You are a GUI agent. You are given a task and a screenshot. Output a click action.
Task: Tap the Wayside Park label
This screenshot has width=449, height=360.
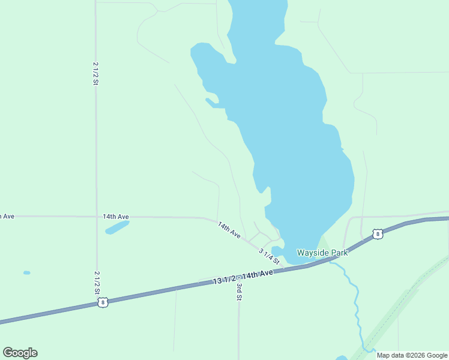pos(322,253)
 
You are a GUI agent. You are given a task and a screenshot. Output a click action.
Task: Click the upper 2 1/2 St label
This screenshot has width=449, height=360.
pos(95,73)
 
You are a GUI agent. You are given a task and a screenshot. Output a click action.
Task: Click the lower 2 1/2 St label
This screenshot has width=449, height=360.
pos(97,282)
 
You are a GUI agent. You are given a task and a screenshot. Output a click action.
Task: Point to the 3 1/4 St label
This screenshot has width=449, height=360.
pos(270,256)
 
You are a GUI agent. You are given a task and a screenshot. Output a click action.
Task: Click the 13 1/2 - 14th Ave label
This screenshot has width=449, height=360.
pos(243,277)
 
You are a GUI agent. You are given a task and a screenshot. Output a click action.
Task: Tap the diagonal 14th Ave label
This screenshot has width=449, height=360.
pos(229,230)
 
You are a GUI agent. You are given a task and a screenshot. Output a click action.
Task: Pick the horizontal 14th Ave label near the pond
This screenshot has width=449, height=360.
pos(116,216)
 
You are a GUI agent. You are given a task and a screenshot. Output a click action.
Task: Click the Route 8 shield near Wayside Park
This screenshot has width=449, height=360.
pos(377,234)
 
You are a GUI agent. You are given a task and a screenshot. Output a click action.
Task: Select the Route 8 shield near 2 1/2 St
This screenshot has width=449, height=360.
pos(103,303)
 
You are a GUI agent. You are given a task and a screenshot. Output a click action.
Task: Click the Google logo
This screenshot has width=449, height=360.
pos(20,353)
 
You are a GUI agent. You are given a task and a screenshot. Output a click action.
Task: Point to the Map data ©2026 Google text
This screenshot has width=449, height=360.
pos(412,355)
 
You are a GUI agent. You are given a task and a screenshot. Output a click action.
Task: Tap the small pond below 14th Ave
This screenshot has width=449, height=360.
pos(117,227)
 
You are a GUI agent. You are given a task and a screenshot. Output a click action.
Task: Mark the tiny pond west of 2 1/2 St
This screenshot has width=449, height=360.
pos(26,272)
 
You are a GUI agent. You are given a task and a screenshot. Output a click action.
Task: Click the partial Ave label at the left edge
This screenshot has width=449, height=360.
pos(7,216)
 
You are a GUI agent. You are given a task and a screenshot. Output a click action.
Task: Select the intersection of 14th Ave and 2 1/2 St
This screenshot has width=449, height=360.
pos(96,216)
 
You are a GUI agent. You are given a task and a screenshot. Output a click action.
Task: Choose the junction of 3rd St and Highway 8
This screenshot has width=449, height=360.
pos(239,277)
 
